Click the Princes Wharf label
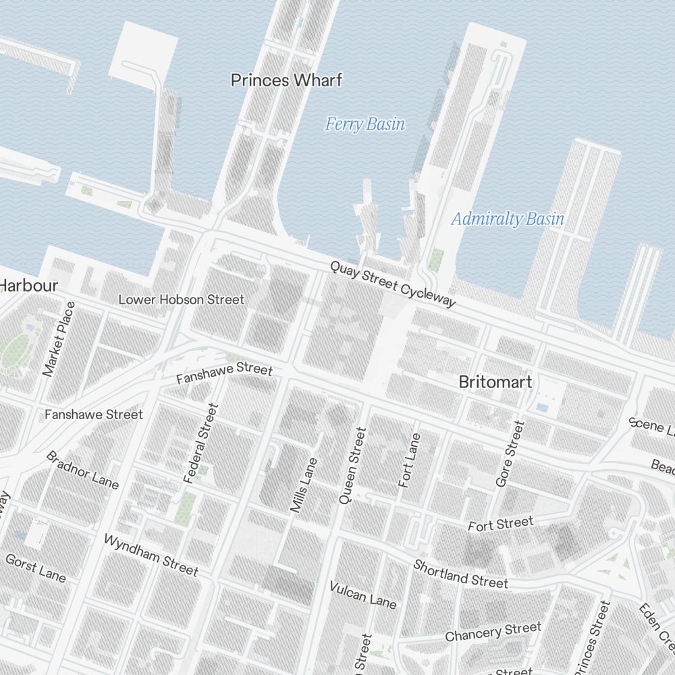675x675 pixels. click(286, 80)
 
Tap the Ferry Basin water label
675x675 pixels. click(365, 124)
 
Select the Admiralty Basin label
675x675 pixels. click(508, 219)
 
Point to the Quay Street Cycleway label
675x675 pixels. click(393, 284)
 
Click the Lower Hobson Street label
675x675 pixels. click(181, 299)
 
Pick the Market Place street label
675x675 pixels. click(59, 339)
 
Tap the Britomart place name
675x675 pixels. click(495, 382)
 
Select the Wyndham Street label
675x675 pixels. click(151, 555)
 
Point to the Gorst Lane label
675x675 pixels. click(36, 568)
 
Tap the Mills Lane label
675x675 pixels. click(303, 485)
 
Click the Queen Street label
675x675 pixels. click(352, 465)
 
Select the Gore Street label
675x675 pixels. click(510, 454)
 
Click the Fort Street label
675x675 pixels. click(500, 524)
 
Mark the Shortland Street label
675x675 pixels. click(460, 573)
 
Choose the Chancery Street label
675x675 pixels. click(493, 632)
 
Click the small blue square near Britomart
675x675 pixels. click(542, 408)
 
